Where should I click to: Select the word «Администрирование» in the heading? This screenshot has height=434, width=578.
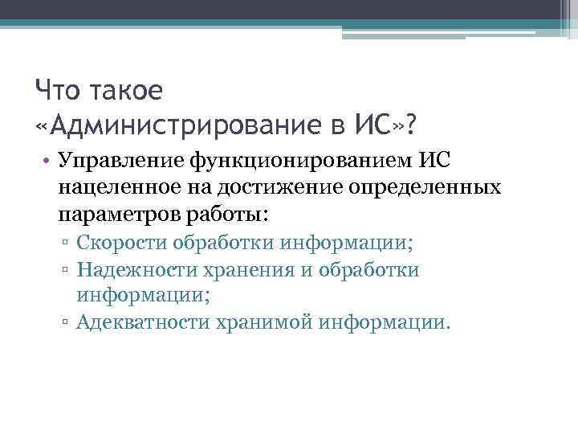pos(181,125)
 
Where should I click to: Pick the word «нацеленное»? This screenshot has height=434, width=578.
pos(117,190)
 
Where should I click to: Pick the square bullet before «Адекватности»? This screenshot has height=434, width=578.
pos(68,323)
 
